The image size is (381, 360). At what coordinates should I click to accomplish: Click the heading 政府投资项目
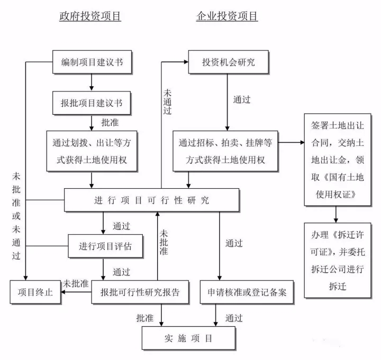click(x=90, y=16)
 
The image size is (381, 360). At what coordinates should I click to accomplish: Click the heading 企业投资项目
click(x=227, y=16)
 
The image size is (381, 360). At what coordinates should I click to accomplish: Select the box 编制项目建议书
click(x=92, y=62)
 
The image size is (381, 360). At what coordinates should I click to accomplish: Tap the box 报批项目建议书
click(x=92, y=103)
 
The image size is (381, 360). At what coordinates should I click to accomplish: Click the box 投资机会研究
click(x=228, y=62)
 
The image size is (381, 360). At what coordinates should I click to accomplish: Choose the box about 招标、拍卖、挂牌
click(x=225, y=151)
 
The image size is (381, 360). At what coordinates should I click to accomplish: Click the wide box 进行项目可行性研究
click(x=151, y=200)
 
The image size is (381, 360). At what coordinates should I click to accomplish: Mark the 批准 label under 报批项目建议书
click(x=110, y=122)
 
